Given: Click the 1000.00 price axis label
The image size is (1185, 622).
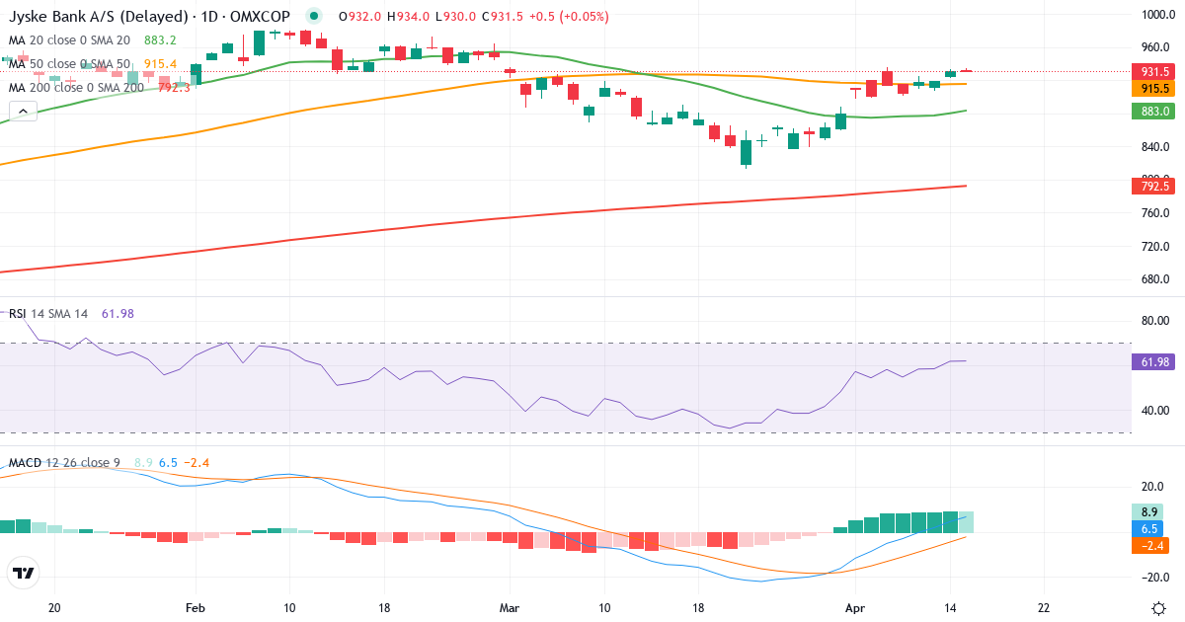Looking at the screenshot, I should coord(1155,15).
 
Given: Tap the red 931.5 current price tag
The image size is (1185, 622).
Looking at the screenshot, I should coord(1155,72).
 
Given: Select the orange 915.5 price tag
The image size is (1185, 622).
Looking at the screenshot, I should coord(1155,88).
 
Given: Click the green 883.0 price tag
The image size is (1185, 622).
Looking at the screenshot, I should coord(1155,112).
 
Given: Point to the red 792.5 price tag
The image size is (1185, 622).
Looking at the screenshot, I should coord(1155,186).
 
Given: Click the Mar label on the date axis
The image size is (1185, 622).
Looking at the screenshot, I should coord(509,608).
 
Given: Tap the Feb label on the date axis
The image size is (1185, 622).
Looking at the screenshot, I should coord(195,608).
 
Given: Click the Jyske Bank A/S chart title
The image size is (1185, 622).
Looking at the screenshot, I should coord(99,17).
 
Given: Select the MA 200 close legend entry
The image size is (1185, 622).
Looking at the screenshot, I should coord(77,88).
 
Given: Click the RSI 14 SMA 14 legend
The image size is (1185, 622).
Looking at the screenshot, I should coord(48,313).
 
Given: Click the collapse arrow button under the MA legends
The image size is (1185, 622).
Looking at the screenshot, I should coord(23,111).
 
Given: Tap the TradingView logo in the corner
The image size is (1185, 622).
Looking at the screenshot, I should coord(24,573).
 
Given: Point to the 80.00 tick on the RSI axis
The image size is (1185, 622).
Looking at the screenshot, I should coord(1155,320).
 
